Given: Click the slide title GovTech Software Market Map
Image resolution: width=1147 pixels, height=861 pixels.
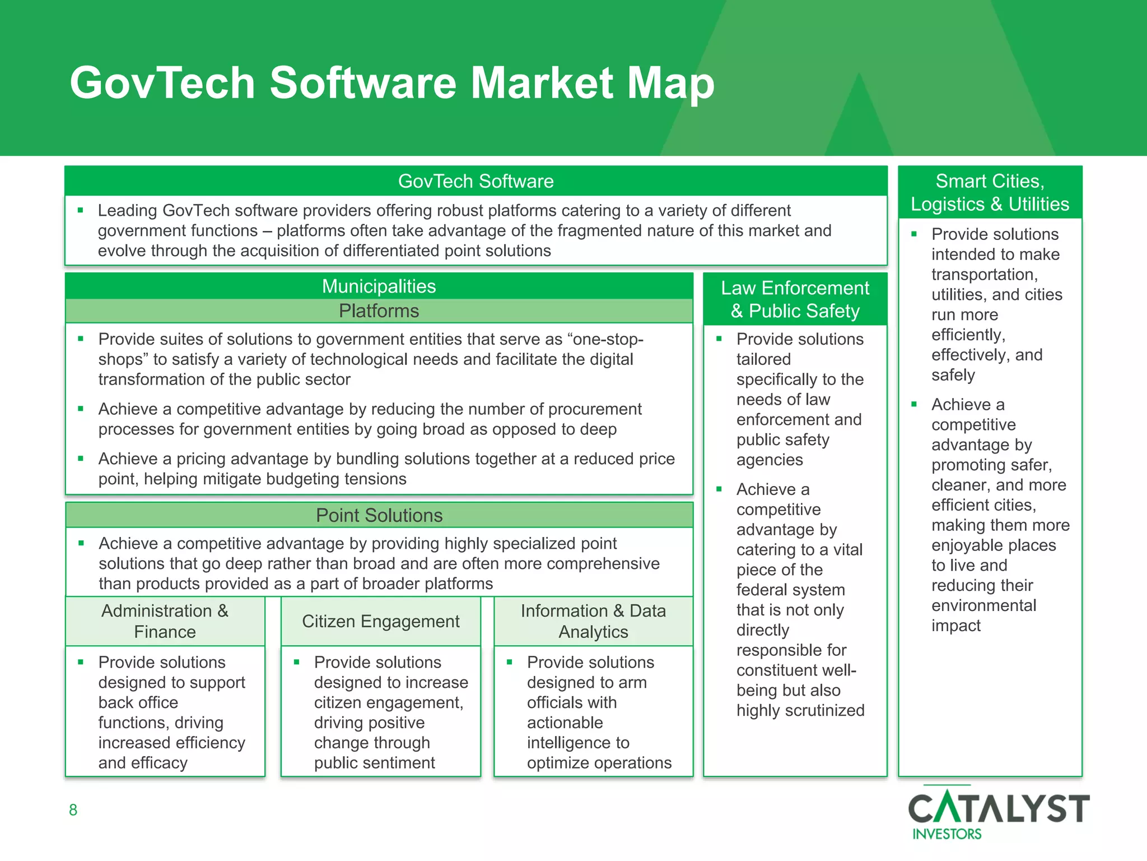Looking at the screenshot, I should (392, 83).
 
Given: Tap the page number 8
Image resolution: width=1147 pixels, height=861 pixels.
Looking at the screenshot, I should (73, 809).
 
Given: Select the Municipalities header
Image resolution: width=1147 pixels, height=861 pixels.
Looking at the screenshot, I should (379, 286).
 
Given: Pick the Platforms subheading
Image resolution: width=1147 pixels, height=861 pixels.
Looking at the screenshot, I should (379, 311).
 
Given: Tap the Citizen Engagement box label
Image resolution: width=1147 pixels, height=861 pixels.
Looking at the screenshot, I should (380, 621).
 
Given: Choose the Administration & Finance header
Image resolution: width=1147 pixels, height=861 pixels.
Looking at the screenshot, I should (165, 621).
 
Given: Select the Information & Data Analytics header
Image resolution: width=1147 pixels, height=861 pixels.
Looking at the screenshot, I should (593, 621).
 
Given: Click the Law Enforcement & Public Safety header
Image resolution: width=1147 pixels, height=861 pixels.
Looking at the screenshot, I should (795, 299).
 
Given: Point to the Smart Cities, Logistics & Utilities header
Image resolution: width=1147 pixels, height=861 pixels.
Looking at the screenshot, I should (990, 192).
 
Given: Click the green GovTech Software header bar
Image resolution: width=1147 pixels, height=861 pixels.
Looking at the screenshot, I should (475, 181).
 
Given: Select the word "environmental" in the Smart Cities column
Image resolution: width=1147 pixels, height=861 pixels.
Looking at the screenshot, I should (983, 605).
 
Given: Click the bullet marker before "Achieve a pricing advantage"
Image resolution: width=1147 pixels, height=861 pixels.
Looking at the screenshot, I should (81, 459).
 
